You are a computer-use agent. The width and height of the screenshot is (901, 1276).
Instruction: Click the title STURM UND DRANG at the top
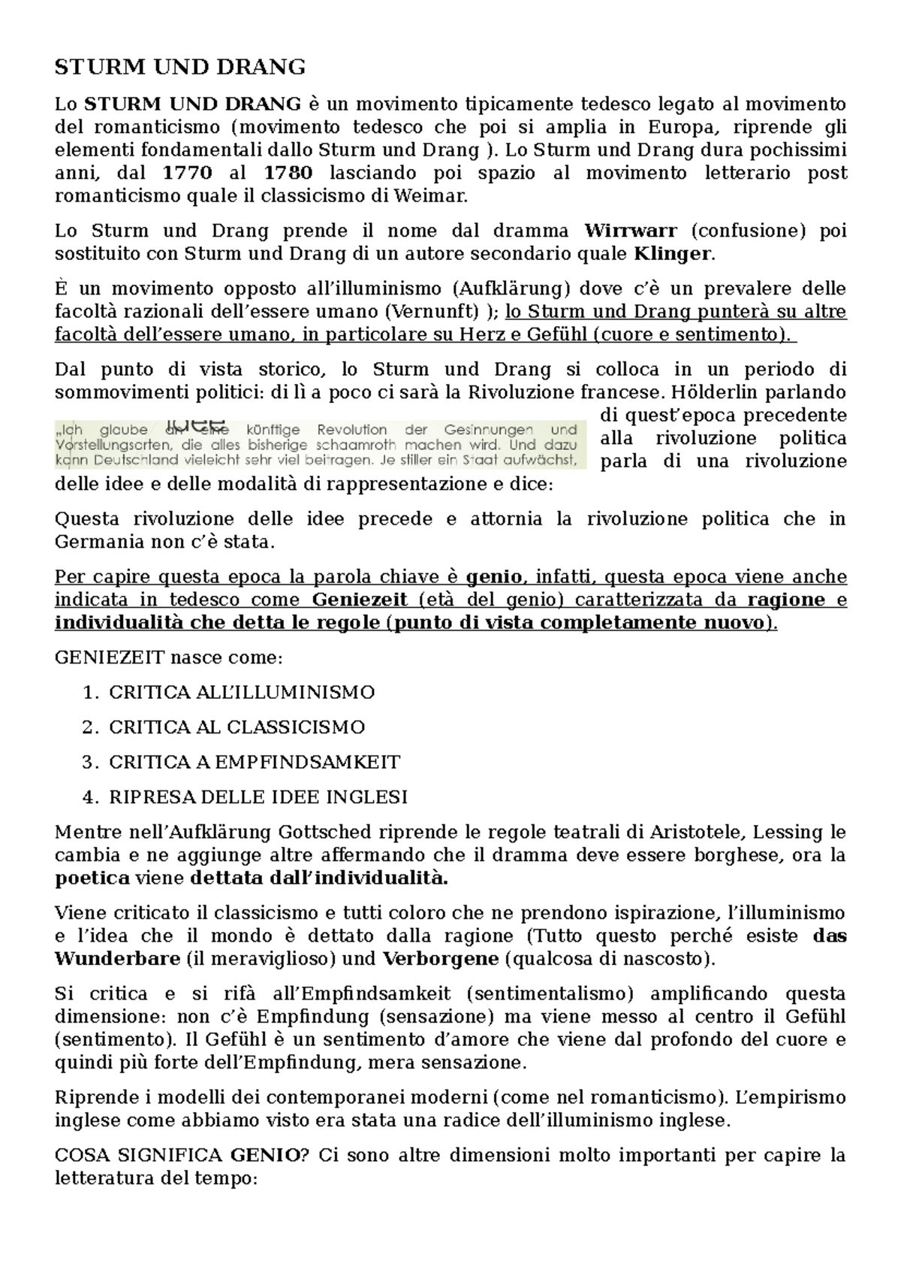click(180, 68)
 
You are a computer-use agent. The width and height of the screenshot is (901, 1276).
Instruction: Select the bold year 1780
click(288, 174)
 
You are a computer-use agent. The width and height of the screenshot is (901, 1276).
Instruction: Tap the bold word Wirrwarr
click(631, 231)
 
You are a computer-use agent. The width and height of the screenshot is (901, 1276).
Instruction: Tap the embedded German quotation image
click(321, 445)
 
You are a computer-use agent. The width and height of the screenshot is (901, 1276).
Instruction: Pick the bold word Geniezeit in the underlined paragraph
click(360, 600)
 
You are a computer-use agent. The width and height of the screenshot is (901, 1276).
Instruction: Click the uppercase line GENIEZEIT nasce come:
click(170, 658)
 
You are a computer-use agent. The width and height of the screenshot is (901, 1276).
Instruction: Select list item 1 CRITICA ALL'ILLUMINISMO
click(242, 693)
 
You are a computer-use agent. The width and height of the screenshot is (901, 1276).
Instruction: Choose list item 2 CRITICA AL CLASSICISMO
click(237, 727)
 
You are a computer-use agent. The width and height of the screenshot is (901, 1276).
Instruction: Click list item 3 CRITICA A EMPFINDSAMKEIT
click(255, 763)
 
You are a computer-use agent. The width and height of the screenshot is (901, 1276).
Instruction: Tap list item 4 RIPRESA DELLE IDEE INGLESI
click(258, 797)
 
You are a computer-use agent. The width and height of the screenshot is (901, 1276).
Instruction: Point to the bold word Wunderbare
click(118, 960)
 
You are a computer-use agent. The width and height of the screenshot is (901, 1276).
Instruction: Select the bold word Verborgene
click(441, 960)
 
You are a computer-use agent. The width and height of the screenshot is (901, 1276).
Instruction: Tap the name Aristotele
click(684, 833)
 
